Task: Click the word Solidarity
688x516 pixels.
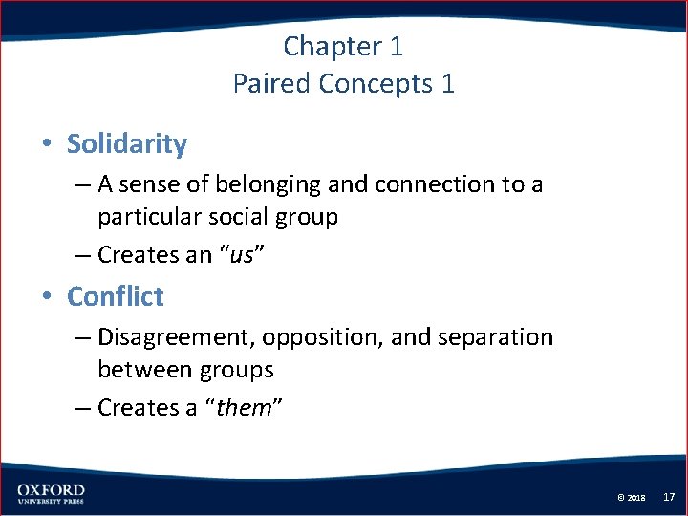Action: (127, 144)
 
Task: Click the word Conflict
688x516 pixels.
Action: (116, 296)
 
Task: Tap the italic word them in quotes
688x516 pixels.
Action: (244, 408)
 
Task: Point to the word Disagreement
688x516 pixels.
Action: (176, 337)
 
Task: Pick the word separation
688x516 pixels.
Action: (498, 337)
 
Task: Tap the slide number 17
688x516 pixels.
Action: (669, 497)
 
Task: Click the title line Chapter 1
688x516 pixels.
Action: (343, 46)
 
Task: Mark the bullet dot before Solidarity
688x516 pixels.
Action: (46, 145)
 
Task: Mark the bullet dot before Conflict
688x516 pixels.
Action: (46, 297)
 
